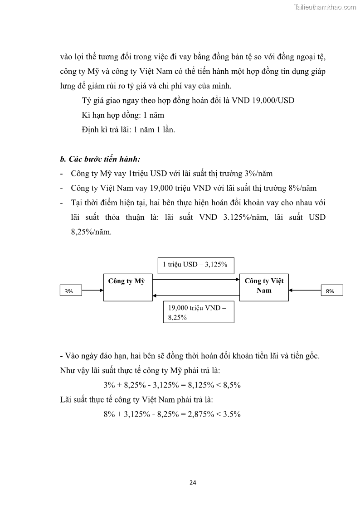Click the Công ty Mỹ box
click(x=128, y=287)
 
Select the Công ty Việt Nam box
click(x=264, y=287)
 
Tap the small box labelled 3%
click(x=70, y=291)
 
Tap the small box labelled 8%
click(x=331, y=291)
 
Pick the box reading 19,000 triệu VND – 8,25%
click(x=198, y=312)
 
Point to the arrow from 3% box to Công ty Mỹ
click(x=92, y=291)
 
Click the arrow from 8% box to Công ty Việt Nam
click(x=305, y=291)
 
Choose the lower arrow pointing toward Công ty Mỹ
click(x=196, y=296)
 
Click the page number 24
click(x=193, y=482)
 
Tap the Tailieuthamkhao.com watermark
click(x=326, y=7)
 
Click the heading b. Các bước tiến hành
click(x=100, y=159)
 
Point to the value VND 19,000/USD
click(x=263, y=100)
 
